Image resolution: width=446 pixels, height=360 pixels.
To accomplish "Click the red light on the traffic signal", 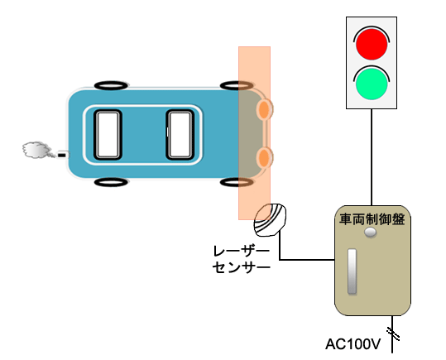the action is click(x=372, y=44).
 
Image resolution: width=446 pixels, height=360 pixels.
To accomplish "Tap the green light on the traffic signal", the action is click(x=372, y=84).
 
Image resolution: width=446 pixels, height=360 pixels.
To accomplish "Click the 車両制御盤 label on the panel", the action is click(x=372, y=219).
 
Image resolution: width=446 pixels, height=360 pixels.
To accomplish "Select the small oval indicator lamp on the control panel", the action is click(x=371, y=233).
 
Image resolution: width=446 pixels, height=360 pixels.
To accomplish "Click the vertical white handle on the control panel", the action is click(x=352, y=271).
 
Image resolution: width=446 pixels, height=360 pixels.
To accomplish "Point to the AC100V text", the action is click(x=352, y=344).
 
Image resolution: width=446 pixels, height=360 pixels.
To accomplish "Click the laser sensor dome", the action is click(x=270, y=219).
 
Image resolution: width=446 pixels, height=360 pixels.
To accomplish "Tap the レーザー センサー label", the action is click(x=242, y=260).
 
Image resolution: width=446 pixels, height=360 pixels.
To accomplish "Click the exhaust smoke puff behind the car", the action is click(x=36, y=150).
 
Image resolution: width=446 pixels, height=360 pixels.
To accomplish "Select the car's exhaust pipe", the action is click(x=63, y=155).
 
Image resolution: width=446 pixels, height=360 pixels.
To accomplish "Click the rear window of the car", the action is click(x=108, y=135).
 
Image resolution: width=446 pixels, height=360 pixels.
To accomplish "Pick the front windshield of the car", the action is click(x=180, y=135).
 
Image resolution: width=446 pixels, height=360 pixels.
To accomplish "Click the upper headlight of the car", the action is click(x=264, y=109).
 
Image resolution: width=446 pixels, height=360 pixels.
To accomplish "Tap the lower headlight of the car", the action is click(x=264, y=157).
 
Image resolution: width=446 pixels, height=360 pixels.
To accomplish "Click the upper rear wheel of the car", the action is click(x=111, y=85).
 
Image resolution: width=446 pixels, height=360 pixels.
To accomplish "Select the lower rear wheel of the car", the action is click(x=111, y=182).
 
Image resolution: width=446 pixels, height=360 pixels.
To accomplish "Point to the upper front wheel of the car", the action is click(x=237, y=85).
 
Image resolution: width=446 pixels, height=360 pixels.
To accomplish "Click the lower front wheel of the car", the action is click(x=237, y=182).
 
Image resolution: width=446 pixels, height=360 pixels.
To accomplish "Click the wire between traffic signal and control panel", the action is click(x=372, y=157).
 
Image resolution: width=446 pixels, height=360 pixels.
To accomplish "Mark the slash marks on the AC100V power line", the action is click(x=393, y=334).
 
